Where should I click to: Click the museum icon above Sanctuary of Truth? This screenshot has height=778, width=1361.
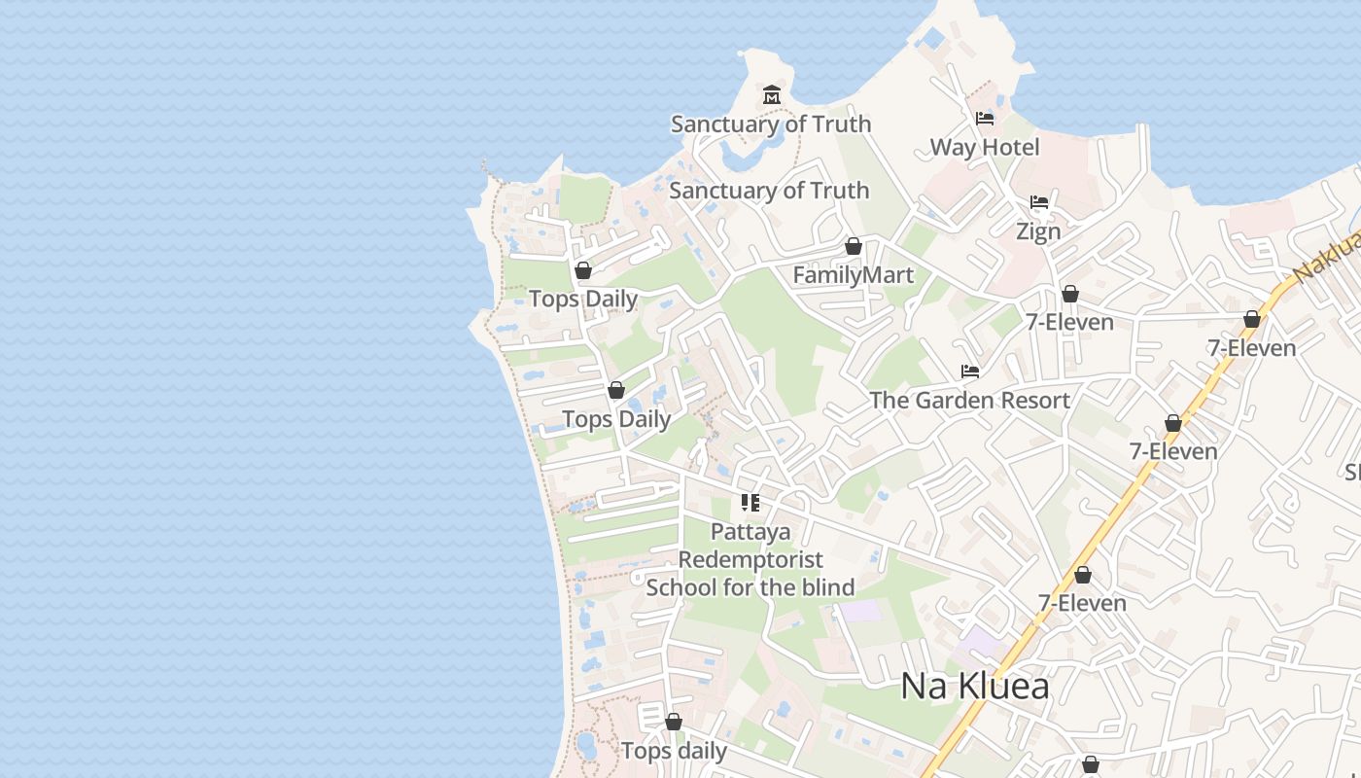[x=772, y=94]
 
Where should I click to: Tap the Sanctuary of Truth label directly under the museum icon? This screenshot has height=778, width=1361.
[x=771, y=124]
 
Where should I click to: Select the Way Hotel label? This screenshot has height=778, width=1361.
[x=985, y=148]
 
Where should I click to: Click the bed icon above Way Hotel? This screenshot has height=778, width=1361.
[x=985, y=119]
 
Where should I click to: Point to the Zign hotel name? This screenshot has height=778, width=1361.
[x=1038, y=231]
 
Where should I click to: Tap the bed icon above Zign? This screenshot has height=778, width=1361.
[x=1039, y=202]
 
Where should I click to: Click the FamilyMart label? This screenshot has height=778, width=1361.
[x=854, y=275]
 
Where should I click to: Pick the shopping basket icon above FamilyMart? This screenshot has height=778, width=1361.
[x=854, y=246]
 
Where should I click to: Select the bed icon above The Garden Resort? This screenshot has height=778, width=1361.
[x=970, y=371]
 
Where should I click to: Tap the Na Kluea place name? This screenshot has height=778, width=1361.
[x=975, y=687]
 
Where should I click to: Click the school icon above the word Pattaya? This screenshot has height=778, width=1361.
[x=750, y=503]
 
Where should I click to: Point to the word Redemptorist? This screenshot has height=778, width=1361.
[x=750, y=560]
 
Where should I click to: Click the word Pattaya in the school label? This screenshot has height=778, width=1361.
[x=750, y=533]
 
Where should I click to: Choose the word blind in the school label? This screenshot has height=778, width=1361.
[x=828, y=587]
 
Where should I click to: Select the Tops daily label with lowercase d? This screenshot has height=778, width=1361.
[x=674, y=752]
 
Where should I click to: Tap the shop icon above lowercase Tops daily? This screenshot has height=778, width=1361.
[x=674, y=723]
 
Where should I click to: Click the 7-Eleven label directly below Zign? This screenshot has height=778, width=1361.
[x=1069, y=322]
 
